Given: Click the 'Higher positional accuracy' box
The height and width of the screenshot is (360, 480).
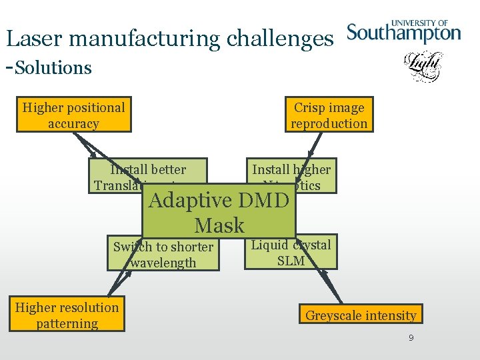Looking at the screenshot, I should point(73,115).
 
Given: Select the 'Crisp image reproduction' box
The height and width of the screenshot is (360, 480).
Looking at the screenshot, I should point(329,115).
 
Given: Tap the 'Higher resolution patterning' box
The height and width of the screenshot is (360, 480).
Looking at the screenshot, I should point(67,315).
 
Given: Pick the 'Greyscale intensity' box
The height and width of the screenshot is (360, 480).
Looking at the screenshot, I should point(361,315).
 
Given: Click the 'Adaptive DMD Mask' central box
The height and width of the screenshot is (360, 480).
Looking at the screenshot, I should point(219,212).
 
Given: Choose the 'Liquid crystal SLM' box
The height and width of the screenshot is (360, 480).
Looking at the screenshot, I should point(291,253).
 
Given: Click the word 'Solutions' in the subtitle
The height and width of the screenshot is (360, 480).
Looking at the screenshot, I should point(53,67).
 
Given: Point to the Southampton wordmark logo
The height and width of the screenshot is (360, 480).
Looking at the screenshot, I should point(404,33).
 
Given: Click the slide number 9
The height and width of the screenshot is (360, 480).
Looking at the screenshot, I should point(411,339).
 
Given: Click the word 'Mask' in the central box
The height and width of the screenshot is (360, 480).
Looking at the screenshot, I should point(219,225).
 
